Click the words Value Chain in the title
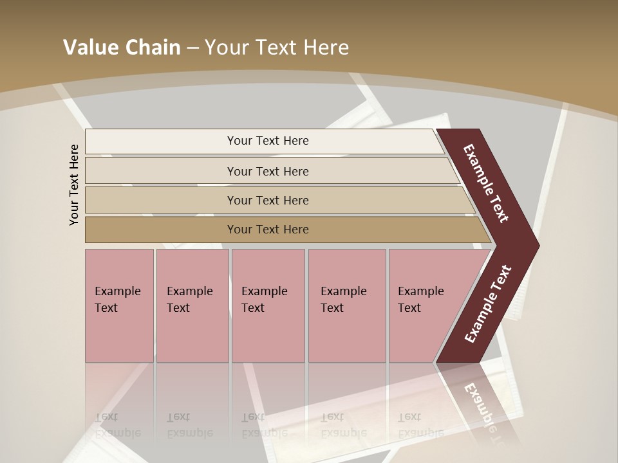pyautogui.click(x=122, y=48)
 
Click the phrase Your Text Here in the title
pyautogui.click(x=277, y=48)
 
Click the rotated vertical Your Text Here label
pyautogui.click(x=74, y=185)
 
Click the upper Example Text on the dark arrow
pyautogui.click(x=486, y=183)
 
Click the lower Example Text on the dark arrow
pyautogui.click(x=488, y=304)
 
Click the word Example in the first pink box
pyautogui.click(x=117, y=291)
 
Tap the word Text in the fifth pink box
pyautogui.click(x=409, y=308)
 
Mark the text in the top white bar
pyautogui.click(x=268, y=141)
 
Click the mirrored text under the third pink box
pyautogui.click(x=264, y=425)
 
